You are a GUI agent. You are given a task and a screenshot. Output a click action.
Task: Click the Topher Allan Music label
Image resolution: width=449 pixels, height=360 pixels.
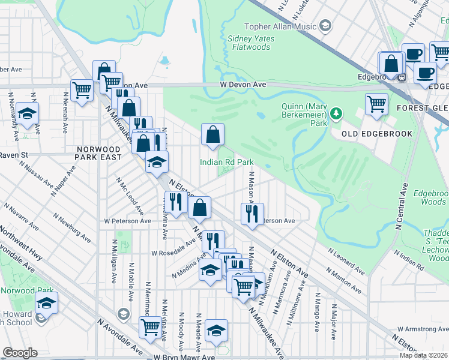(x=280, y=26)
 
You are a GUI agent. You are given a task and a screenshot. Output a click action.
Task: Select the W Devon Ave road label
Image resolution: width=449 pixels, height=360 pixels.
(x=243, y=85)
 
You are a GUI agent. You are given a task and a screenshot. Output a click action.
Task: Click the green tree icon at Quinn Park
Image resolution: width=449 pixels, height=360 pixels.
(x=336, y=113)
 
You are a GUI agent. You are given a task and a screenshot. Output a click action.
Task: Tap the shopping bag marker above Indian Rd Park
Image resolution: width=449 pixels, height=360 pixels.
(x=212, y=135)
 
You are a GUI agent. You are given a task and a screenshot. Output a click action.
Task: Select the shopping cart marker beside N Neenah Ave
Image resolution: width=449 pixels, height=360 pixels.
(x=82, y=91)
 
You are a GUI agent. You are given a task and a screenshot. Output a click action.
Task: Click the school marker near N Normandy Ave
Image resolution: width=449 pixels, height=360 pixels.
(x=27, y=113)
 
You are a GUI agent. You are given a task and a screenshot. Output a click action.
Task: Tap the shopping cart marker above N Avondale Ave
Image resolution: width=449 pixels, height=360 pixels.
(x=149, y=327)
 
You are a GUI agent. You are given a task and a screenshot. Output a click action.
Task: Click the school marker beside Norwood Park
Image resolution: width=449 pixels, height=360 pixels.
(x=46, y=303)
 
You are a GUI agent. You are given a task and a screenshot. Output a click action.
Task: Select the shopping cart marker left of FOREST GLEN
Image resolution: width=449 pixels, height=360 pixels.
(x=376, y=103)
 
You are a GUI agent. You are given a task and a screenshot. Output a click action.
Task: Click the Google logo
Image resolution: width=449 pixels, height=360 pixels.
(x=20, y=353)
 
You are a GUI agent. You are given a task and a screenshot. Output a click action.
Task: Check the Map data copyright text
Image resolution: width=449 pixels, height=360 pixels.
(x=423, y=355)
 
